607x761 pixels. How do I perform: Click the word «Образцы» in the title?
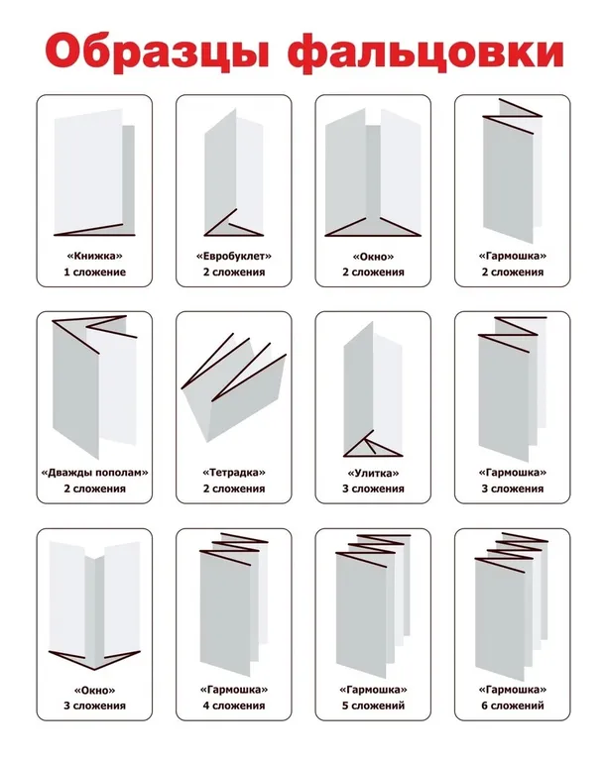(x=158, y=52)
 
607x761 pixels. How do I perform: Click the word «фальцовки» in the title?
(x=425, y=52)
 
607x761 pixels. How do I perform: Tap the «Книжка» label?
(x=94, y=256)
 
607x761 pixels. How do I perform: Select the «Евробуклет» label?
(x=234, y=256)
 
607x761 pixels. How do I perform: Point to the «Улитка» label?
(x=374, y=473)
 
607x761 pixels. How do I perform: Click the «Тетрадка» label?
(x=234, y=473)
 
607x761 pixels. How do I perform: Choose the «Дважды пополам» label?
(x=94, y=473)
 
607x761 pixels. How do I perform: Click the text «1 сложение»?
(x=94, y=272)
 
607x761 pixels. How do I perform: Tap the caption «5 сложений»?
(x=374, y=706)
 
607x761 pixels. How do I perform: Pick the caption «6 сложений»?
(x=513, y=706)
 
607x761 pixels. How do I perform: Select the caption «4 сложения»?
(x=234, y=706)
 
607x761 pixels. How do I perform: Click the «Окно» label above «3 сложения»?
(x=94, y=690)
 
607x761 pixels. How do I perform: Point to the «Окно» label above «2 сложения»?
(x=374, y=256)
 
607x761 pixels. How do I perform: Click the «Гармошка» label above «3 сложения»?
(x=513, y=473)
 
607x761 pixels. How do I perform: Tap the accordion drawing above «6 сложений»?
(x=512, y=606)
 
